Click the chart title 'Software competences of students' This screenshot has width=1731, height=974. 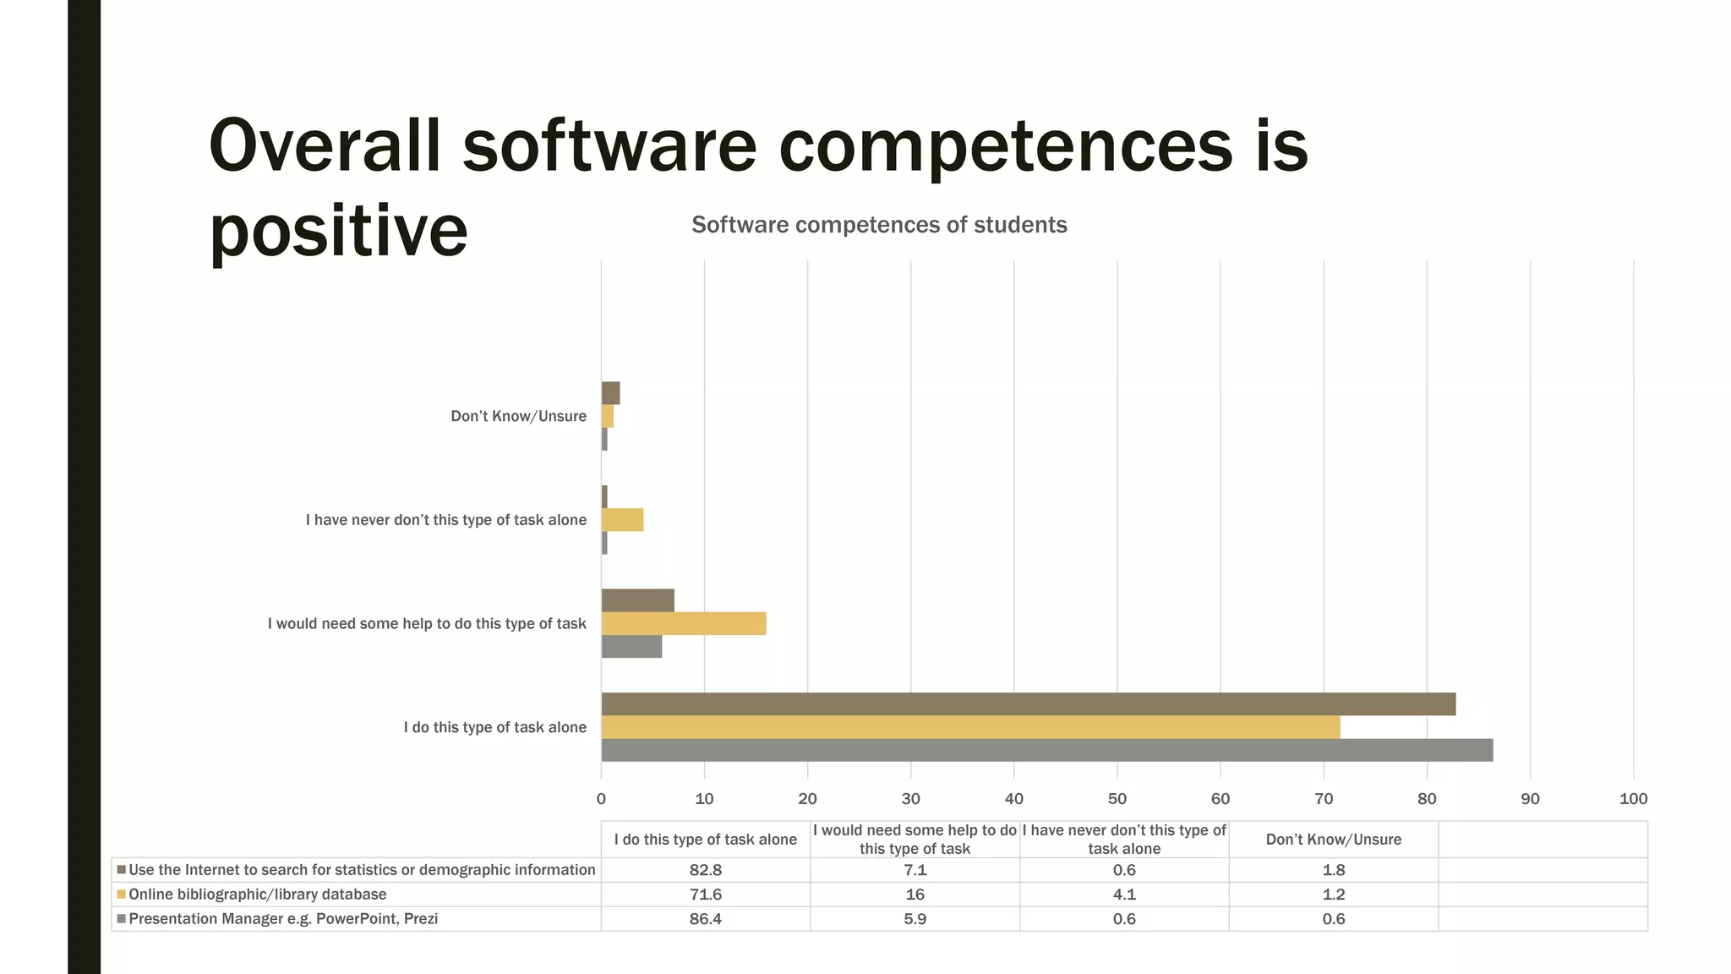[879, 225]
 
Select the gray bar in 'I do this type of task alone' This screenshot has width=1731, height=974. [1046, 750]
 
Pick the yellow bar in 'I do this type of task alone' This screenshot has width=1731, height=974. [970, 727]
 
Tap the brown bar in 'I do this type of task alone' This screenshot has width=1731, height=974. [1028, 704]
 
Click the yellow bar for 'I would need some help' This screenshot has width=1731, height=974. [683, 624]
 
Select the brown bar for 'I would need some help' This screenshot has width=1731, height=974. [637, 600]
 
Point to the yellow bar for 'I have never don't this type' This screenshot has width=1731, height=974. [622, 520]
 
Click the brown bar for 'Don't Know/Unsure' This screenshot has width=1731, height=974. [610, 393]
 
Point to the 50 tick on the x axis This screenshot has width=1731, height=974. [1117, 799]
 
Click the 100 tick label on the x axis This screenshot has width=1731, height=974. [1633, 799]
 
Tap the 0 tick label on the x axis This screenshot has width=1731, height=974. [601, 799]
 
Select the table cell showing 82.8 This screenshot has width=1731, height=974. [705, 870]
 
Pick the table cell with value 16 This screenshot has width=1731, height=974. [915, 895]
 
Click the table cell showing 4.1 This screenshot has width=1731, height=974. [1124, 895]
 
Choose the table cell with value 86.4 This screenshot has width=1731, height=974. [705, 919]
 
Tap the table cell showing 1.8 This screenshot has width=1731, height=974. [1333, 870]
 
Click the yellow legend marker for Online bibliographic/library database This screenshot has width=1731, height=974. [121, 895]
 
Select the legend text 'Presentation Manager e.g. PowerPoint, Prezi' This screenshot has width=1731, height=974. [283, 919]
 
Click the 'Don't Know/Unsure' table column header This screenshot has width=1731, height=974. [1333, 840]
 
